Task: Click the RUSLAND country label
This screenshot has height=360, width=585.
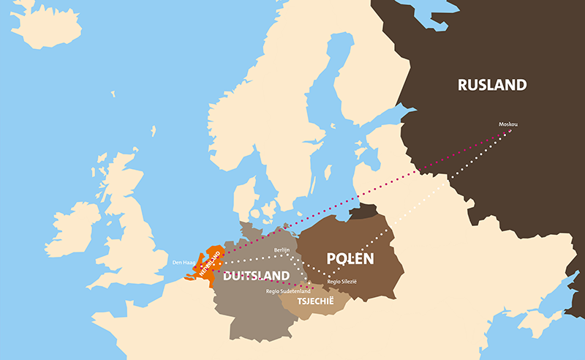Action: click(491, 85)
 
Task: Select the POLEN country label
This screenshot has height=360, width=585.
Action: click(350, 259)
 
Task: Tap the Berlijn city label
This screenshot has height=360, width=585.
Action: click(282, 250)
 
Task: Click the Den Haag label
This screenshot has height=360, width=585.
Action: click(184, 261)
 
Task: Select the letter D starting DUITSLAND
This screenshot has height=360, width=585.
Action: click(227, 276)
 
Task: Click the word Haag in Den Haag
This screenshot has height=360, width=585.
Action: click(189, 261)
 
